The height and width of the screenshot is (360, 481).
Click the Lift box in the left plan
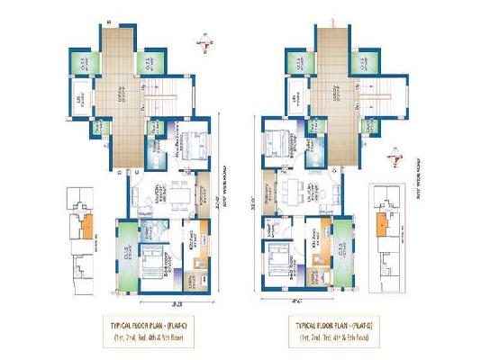point(80,99)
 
